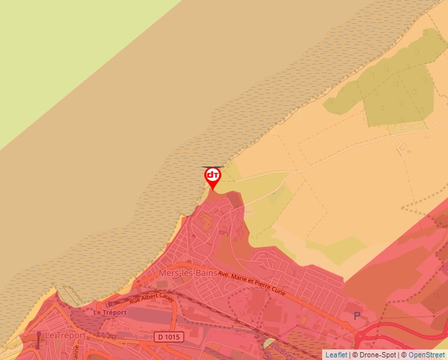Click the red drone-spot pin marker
[212, 177]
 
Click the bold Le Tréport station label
[109, 312]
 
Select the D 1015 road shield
[168, 337]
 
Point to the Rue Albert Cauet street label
[152, 296]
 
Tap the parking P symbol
[358, 316]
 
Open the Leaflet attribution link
[336, 355]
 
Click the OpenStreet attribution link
[428, 355]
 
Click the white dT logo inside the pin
[212, 174]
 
